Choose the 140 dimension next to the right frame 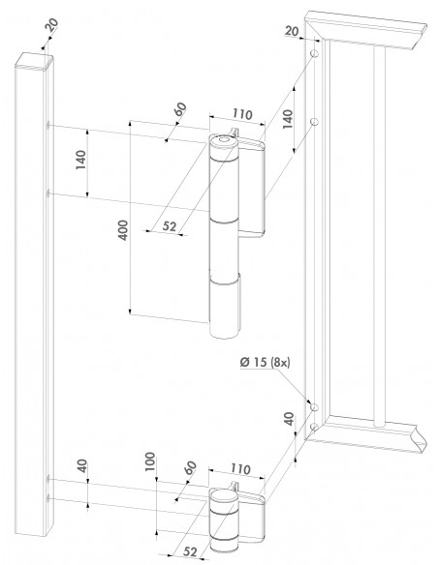click(287, 120)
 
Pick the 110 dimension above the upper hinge click(241, 114)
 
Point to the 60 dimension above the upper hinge click(181, 109)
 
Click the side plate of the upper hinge click(255, 189)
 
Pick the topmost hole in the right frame click(316, 59)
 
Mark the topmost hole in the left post click(48, 124)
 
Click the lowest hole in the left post click(48, 498)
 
